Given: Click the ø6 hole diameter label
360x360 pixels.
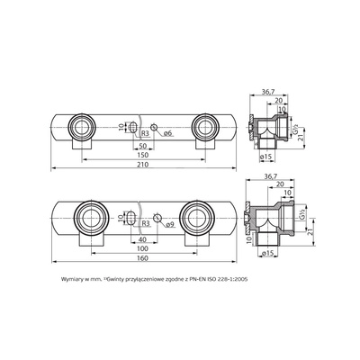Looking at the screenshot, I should (166, 132).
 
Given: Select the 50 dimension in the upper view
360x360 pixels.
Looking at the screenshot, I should (143, 143).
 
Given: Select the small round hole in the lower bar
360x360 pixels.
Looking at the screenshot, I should (157, 218).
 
